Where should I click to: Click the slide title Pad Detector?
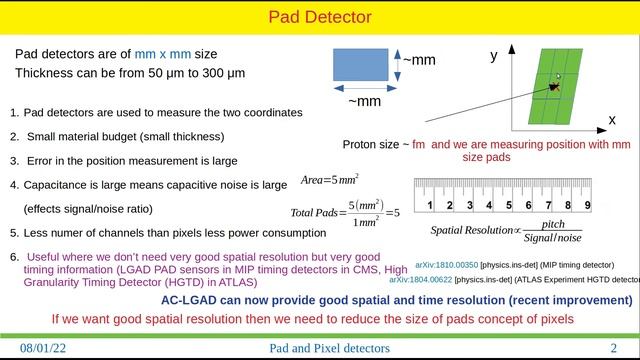pos(320,16)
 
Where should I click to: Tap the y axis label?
pos(493,56)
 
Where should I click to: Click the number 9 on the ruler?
pos(587,205)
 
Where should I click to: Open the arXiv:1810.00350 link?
pos(446,265)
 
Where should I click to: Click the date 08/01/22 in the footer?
pos(45,348)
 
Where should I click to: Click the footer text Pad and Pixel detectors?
pos(329,348)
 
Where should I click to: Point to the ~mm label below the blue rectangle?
pos(363,100)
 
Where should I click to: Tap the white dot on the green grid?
pos(558,77)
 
